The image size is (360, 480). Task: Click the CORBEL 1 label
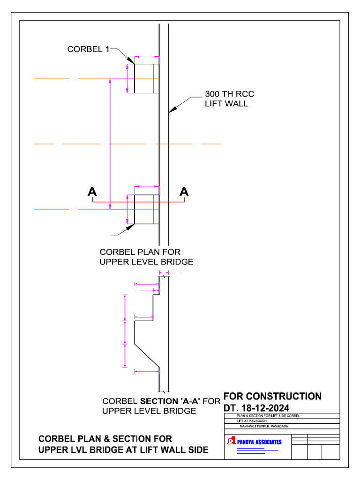click(x=88, y=49)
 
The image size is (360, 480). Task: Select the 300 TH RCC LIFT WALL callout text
click(x=229, y=98)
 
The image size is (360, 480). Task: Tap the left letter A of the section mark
click(x=92, y=192)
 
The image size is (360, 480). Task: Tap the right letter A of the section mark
click(x=184, y=192)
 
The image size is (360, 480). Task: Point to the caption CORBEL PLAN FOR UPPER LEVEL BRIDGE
click(x=146, y=257)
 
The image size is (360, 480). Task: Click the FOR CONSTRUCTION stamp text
click(x=272, y=396)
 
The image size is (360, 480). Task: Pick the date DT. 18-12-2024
click(x=256, y=408)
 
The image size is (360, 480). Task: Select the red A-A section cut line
click(x=138, y=202)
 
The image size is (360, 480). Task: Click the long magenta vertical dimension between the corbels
click(x=110, y=143)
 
